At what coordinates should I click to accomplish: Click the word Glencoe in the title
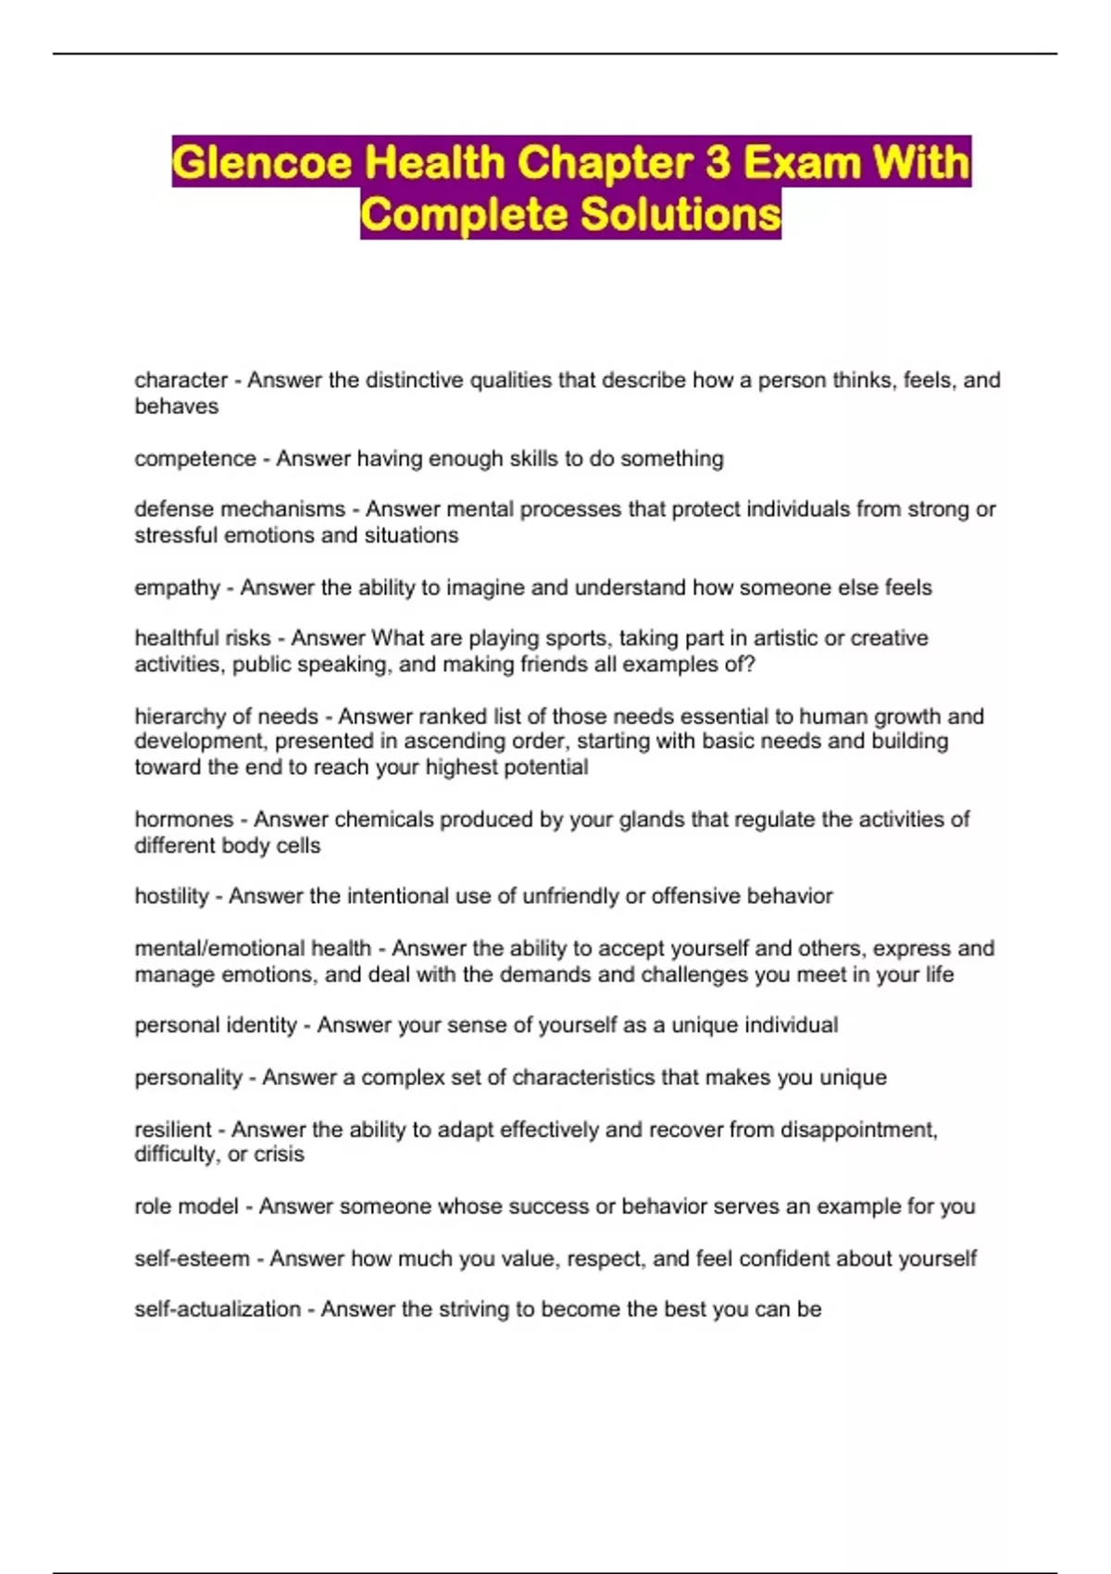pos(262,163)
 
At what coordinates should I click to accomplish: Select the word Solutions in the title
pos(680,215)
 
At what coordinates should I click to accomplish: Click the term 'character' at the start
pos(181,380)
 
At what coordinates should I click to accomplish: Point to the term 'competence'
pos(194,458)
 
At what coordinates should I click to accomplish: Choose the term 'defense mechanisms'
pos(240,509)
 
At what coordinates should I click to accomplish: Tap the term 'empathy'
pos(177,588)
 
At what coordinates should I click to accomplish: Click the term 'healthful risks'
pos(203,638)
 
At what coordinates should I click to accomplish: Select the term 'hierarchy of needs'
pos(226,717)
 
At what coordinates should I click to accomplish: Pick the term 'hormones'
pos(183,819)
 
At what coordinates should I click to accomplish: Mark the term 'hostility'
pos(171,896)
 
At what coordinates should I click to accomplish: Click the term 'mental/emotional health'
pos(253,948)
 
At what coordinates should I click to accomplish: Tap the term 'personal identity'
pos(216,1025)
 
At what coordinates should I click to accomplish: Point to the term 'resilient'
pos(173,1130)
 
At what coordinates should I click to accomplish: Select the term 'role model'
pos(186,1206)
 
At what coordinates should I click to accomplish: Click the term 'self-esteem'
pos(192,1258)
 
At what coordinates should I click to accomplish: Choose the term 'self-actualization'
pos(218,1309)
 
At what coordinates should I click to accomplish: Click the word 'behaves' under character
pos(176,406)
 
